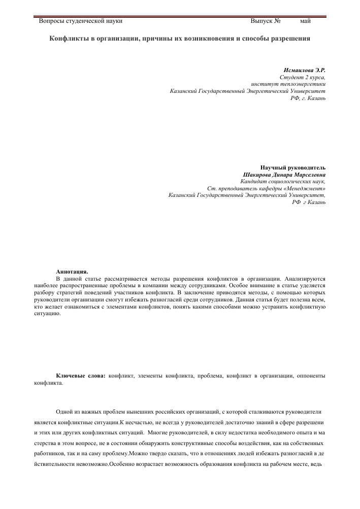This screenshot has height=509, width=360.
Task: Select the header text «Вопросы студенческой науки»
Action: [81, 21]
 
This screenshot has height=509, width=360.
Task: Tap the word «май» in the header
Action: [305, 21]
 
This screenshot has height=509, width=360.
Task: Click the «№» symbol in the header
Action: [278, 21]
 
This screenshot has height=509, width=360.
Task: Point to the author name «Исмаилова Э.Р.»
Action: [304, 69]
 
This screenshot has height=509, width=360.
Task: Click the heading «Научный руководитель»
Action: [293, 167]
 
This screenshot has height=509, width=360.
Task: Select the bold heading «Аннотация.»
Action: [72, 272]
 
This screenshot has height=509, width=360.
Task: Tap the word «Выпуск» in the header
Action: [261, 21]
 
